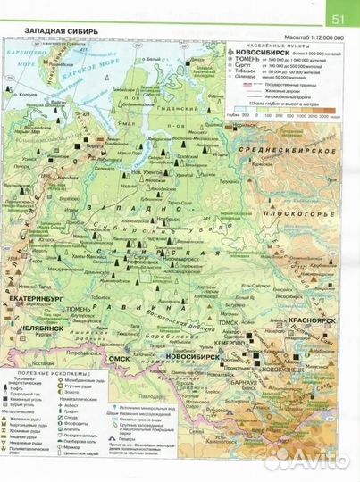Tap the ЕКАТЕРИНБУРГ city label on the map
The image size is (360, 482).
(x=37, y=290)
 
